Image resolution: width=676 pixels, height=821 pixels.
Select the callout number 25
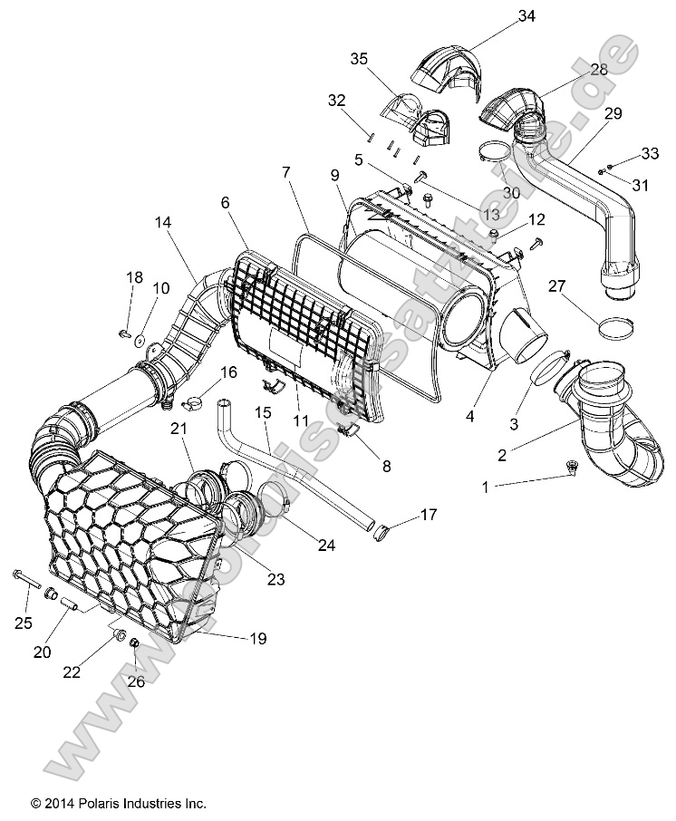click(x=24, y=622)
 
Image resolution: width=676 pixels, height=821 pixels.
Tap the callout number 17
click(x=428, y=515)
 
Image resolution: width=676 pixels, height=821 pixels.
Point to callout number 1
click(x=485, y=487)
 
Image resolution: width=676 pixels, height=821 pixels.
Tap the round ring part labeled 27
click(x=614, y=326)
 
